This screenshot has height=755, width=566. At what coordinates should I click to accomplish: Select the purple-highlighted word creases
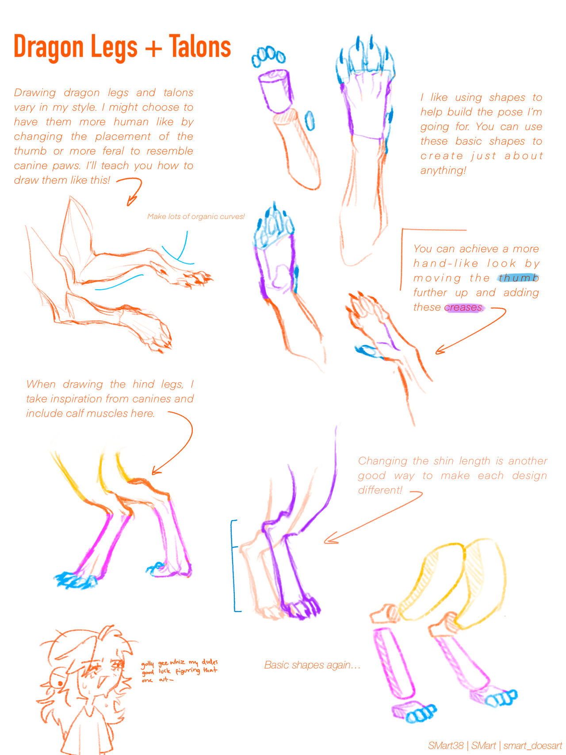pyautogui.click(x=463, y=307)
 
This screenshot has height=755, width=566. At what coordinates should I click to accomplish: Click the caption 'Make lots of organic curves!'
pyautogui.click(x=196, y=216)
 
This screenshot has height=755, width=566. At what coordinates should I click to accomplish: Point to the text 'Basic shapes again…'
pyautogui.click(x=312, y=665)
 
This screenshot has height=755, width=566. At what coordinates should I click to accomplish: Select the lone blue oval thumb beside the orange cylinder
pyautogui.click(x=310, y=121)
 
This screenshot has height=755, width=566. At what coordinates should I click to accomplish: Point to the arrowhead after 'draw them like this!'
pyautogui.click(x=131, y=201)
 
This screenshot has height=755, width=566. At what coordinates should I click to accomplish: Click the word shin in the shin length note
pyautogui.click(x=444, y=461)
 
